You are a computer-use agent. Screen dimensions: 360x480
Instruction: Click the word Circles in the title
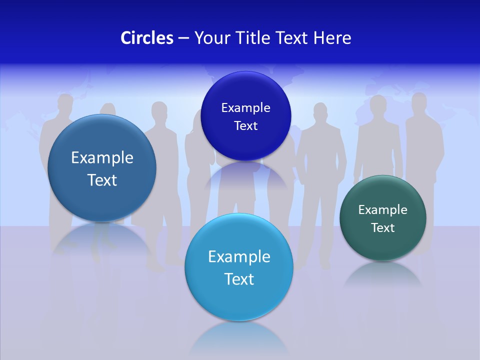(147, 38)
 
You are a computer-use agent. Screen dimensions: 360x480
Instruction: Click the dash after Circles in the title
(183, 38)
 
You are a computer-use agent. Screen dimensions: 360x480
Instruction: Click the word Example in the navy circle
(245, 107)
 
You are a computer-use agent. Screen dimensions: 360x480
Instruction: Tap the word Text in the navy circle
(245, 125)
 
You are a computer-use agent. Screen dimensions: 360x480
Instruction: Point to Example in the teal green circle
(383, 209)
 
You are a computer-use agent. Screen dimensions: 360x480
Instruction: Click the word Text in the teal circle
(383, 228)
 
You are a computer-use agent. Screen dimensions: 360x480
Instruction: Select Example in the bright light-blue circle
(239, 256)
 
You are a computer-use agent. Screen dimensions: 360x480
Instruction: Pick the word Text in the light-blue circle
(239, 278)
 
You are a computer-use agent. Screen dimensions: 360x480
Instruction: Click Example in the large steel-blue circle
(102, 157)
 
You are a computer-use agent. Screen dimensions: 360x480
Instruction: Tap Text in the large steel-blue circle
(102, 180)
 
